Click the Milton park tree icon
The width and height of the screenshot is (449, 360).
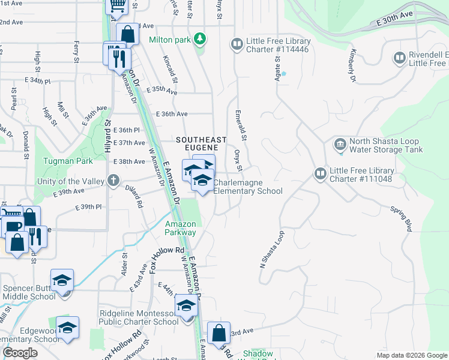point(200,40)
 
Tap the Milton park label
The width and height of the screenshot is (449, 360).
point(170,40)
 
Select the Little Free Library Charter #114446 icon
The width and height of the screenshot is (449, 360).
point(237,44)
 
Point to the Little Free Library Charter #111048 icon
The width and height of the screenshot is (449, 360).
point(320,174)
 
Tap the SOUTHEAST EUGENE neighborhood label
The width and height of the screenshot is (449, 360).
point(201,140)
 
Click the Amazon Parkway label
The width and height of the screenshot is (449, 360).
point(181,228)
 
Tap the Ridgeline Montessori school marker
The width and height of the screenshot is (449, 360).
point(186,307)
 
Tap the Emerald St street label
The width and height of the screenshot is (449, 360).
point(241,123)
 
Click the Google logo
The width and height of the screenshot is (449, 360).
point(20,353)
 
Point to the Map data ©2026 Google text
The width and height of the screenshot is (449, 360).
point(412,355)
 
